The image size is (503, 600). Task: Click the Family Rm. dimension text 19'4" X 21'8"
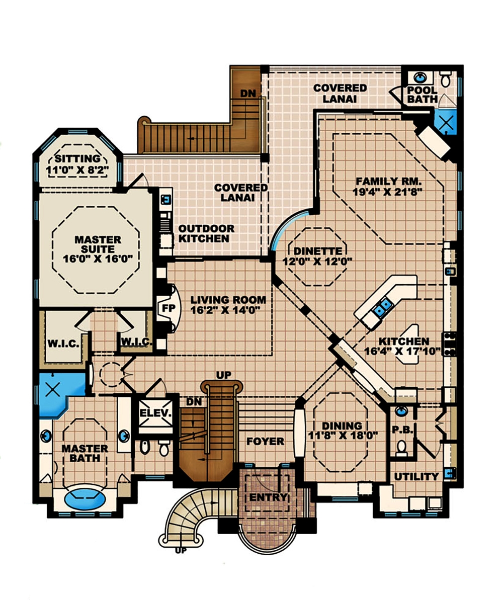(387, 191)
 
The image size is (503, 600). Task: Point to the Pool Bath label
(423, 95)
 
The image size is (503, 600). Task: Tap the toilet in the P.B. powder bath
(401, 447)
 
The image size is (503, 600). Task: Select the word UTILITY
(416, 476)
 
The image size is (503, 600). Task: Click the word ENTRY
(269, 497)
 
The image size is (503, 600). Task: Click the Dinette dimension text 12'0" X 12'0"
(317, 261)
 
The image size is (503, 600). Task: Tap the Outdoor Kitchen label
(205, 233)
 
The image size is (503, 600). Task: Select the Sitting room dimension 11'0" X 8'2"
(78, 169)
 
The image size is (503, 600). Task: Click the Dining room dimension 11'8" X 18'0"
(344, 436)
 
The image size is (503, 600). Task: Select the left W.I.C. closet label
(63, 344)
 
